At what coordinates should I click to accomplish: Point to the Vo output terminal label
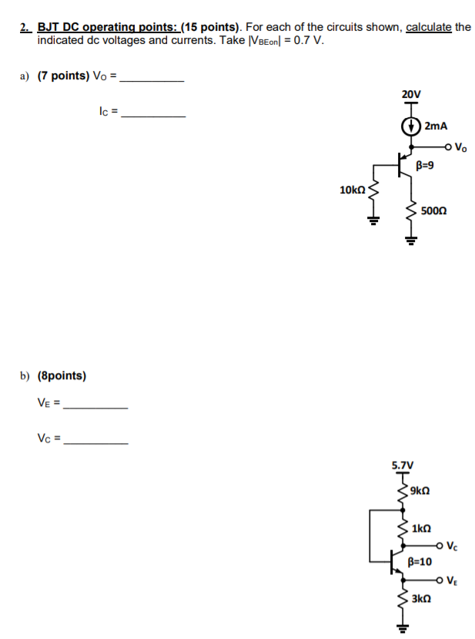click(x=460, y=146)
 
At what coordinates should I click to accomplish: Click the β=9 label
click(x=424, y=164)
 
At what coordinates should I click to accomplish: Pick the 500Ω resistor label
click(x=434, y=210)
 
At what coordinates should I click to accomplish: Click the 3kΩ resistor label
click(x=420, y=598)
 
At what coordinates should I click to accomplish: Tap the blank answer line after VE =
click(x=96, y=407)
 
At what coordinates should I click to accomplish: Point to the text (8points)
click(x=62, y=375)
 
